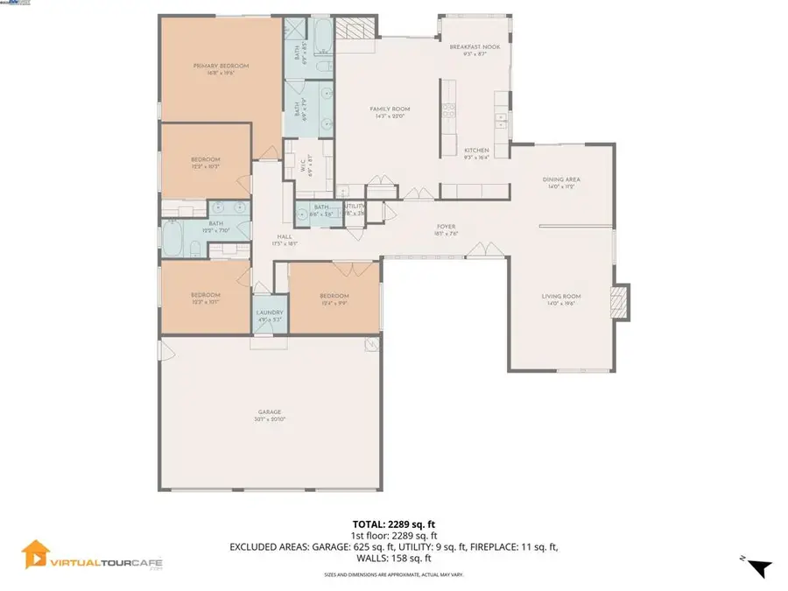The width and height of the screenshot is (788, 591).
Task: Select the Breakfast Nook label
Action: tap(475, 47)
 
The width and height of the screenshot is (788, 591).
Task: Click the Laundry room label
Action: tap(269, 313)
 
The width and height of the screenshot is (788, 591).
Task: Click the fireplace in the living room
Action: tap(620, 301)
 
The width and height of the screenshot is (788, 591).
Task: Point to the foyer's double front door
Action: tap(483, 251)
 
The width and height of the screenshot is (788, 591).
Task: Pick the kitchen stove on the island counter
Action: tap(447, 110)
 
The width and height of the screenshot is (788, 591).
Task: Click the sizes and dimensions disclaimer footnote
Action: tap(393, 574)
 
